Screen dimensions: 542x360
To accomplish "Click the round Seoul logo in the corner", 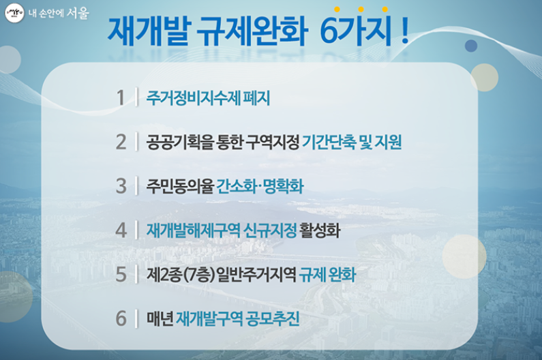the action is point(14,14).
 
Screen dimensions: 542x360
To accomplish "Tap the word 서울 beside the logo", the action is point(78,13).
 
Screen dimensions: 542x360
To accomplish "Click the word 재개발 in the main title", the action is point(149,31).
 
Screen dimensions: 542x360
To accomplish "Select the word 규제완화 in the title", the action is point(252,31).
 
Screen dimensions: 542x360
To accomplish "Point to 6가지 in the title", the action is point(355,31).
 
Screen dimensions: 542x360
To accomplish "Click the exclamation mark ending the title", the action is point(405,31).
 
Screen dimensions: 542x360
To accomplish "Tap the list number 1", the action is point(120,98).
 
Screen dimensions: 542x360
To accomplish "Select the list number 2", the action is point(121,142).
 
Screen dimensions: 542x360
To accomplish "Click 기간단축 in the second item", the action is point(329,142).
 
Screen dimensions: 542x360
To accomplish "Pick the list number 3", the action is point(121,186).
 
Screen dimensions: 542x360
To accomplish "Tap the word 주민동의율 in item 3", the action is point(180,186).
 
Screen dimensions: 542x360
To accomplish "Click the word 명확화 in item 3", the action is point(283,186).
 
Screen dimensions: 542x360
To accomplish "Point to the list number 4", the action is point(121,230).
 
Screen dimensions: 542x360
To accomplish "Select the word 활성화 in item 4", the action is point(320,230).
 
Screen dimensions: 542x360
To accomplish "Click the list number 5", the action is point(121,274).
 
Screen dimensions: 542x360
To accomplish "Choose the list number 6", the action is point(121,318).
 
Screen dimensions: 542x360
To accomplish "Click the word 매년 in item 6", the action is point(160,318).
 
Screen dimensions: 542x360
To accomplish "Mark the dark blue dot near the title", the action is point(471,46).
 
